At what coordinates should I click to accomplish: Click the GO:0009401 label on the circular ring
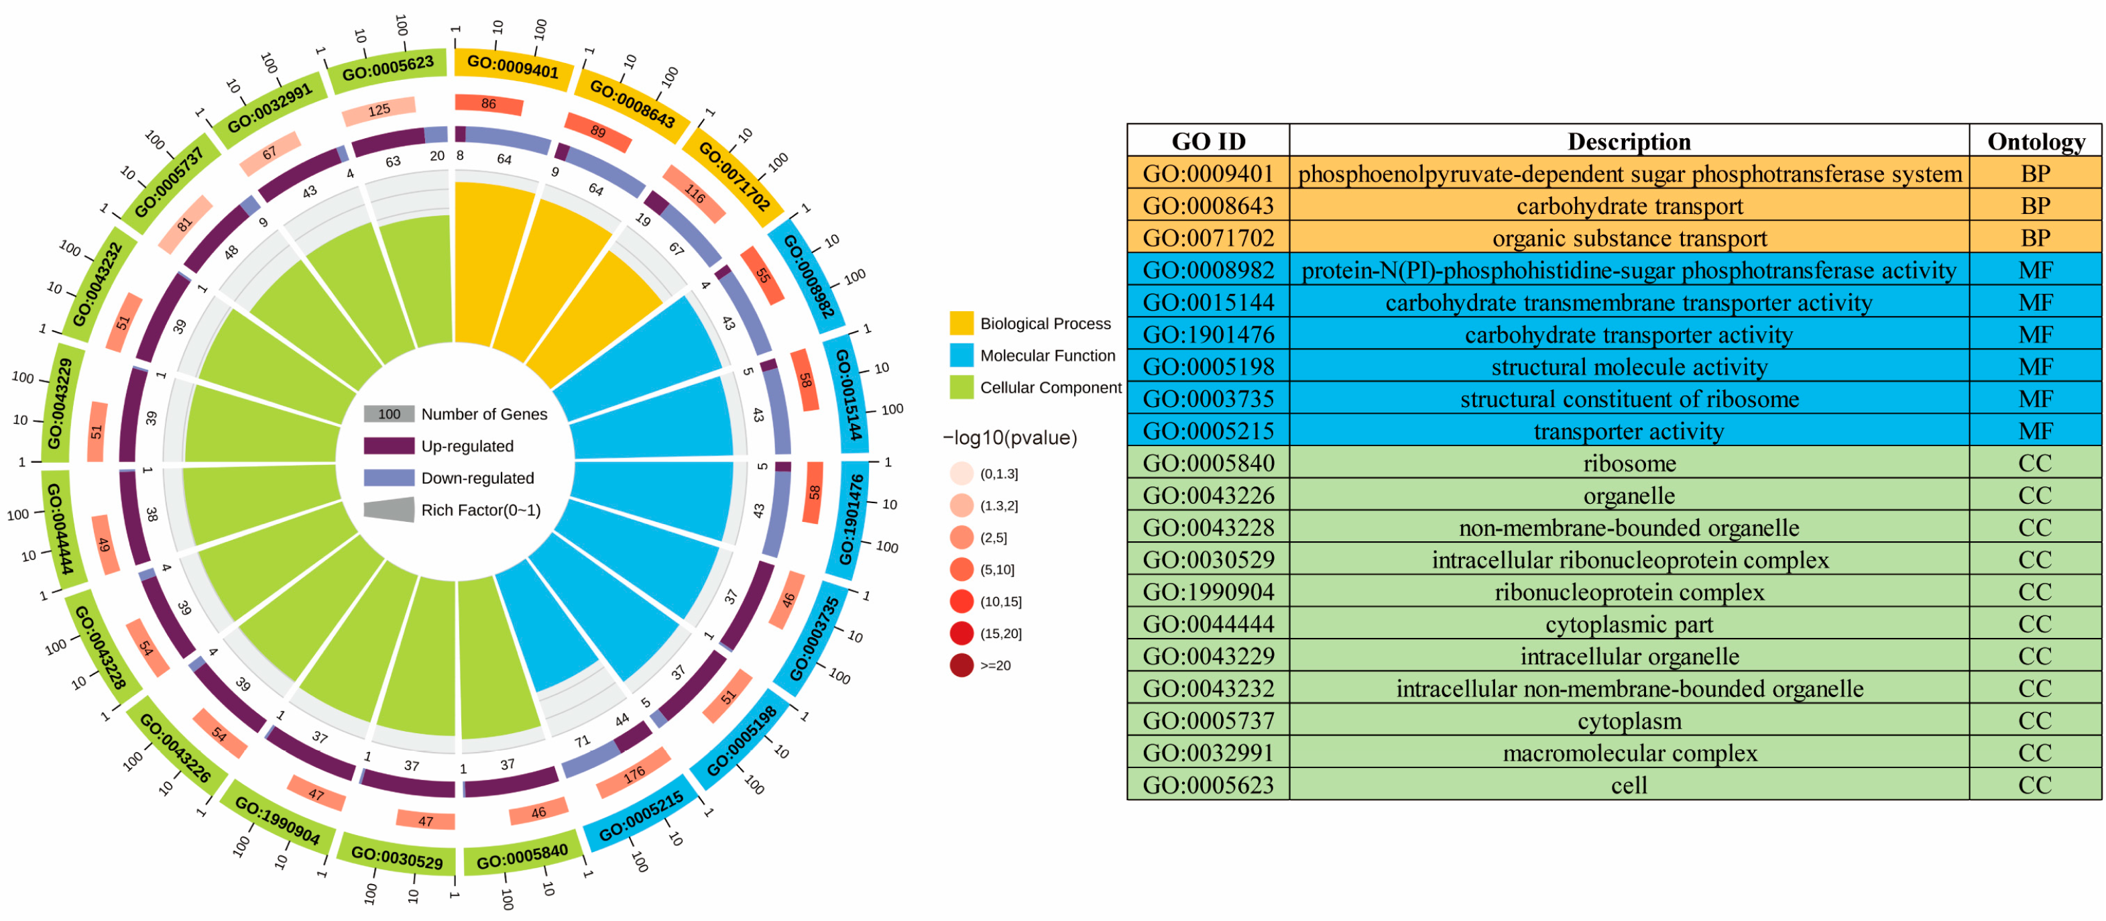pyautogui.click(x=513, y=66)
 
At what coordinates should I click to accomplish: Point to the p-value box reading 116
pyautogui.click(x=694, y=194)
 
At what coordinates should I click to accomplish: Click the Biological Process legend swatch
pyautogui.click(x=961, y=323)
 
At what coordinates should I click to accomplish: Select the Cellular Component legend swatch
pyautogui.click(x=961, y=387)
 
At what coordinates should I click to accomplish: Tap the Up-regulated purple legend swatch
pyautogui.click(x=388, y=446)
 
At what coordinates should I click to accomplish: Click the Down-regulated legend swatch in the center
pyautogui.click(x=388, y=478)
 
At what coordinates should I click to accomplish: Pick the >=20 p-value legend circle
pyautogui.click(x=961, y=665)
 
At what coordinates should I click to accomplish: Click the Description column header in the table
pyautogui.click(x=1629, y=142)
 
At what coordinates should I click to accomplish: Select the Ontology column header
pyautogui.click(x=2035, y=142)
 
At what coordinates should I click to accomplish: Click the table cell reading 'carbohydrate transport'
pyautogui.click(x=1629, y=206)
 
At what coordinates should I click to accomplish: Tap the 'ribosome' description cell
pyautogui.click(x=1629, y=463)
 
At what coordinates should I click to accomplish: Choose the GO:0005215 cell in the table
pyautogui.click(x=1208, y=431)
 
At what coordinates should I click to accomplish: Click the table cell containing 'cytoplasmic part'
pyautogui.click(x=1629, y=624)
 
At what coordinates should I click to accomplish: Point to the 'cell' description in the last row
pyautogui.click(x=1629, y=785)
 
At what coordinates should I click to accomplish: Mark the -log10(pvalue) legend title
pyautogui.click(x=1010, y=437)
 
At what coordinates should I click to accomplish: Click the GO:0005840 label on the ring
pyautogui.click(x=522, y=857)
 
